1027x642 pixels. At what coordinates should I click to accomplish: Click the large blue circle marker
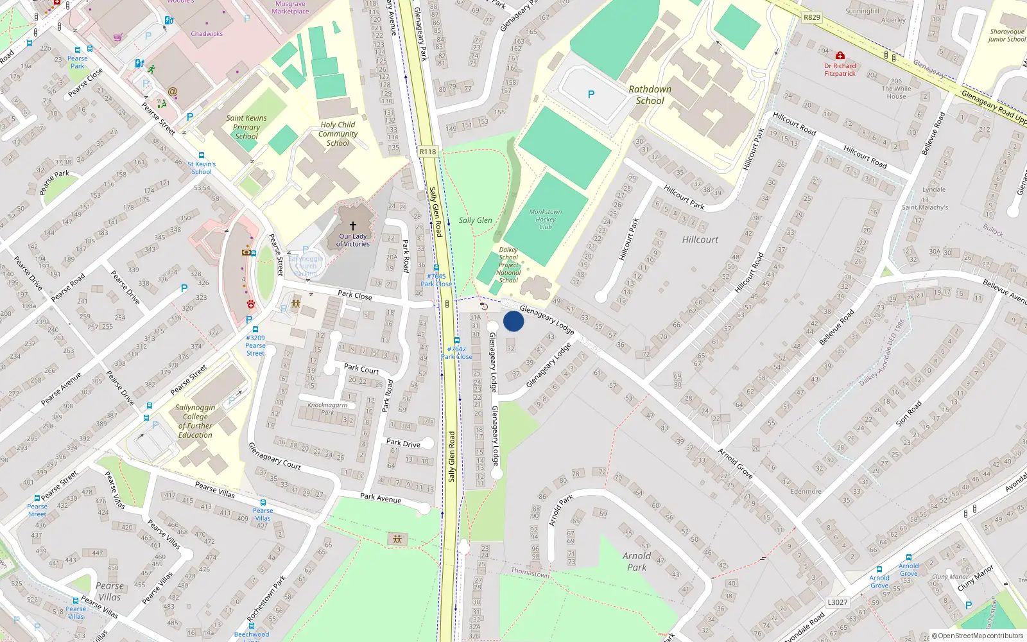[513, 321]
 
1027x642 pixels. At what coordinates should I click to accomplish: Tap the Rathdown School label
[650, 95]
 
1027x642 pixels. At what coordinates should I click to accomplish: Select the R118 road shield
[427, 152]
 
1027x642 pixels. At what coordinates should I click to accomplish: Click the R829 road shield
[812, 17]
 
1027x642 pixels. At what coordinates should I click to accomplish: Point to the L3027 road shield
[837, 602]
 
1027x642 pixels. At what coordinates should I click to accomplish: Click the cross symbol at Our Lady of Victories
[352, 226]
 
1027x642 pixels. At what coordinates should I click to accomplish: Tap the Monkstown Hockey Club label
[546, 219]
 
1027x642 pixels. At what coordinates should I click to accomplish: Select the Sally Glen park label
[475, 220]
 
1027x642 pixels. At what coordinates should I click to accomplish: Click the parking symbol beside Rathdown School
[591, 94]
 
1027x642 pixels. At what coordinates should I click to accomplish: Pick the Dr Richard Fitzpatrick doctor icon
[840, 56]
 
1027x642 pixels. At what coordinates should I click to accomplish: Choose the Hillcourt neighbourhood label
[700, 239]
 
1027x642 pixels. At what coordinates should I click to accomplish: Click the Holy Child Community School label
[338, 134]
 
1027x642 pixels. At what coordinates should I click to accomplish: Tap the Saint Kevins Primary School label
[246, 127]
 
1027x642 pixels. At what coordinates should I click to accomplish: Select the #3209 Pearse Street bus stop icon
[255, 329]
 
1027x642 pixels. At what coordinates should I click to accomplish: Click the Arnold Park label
[637, 561]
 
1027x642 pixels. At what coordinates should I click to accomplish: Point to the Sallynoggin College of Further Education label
[195, 421]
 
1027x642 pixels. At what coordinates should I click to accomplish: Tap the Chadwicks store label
[207, 34]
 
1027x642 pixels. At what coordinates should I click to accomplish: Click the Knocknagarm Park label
[327, 408]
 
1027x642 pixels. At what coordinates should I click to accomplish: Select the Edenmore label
[806, 491]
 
